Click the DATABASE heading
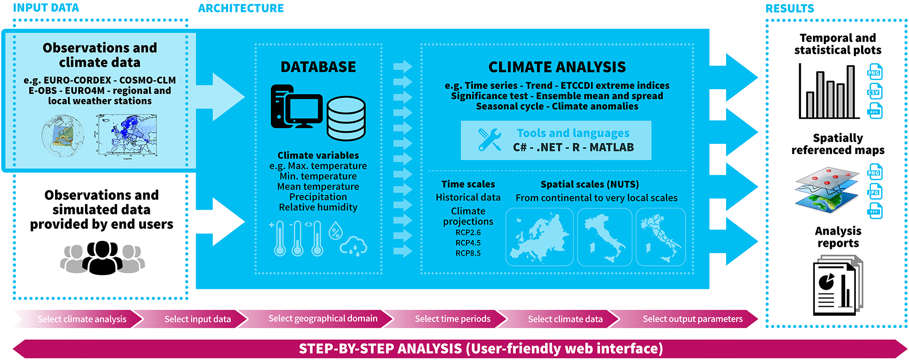click(318, 67)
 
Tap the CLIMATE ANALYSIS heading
click(557, 67)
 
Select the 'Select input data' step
click(197, 319)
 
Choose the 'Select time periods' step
click(452, 319)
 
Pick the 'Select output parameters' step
click(692, 319)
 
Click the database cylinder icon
click(346, 119)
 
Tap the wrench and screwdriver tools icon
click(490, 140)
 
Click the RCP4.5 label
click(468, 243)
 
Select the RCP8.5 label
click(468, 253)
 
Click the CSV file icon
click(874, 92)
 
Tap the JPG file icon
click(874, 192)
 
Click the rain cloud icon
click(354, 246)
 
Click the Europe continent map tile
click(539, 237)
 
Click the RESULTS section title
click(789, 8)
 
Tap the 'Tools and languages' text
click(573, 133)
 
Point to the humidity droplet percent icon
click(335, 230)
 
